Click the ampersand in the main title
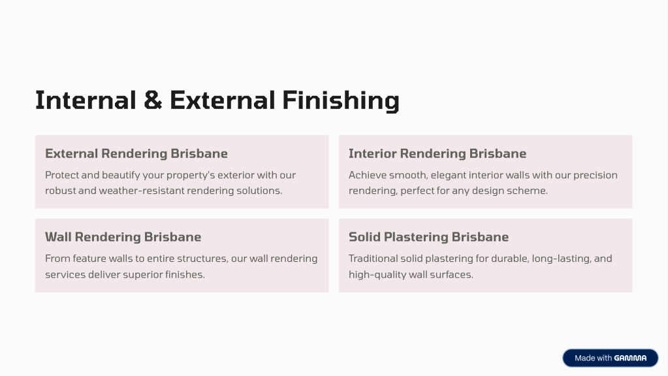point(153,100)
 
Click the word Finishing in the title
point(341,101)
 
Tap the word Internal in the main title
point(86,100)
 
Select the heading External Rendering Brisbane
point(136,153)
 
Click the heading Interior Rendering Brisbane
point(437,153)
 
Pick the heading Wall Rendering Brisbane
point(123,237)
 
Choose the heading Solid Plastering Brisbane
point(428,237)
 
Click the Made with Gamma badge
point(611,358)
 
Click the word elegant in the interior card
point(448,175)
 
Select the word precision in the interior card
point(595,175)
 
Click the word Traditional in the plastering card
point(373,258)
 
